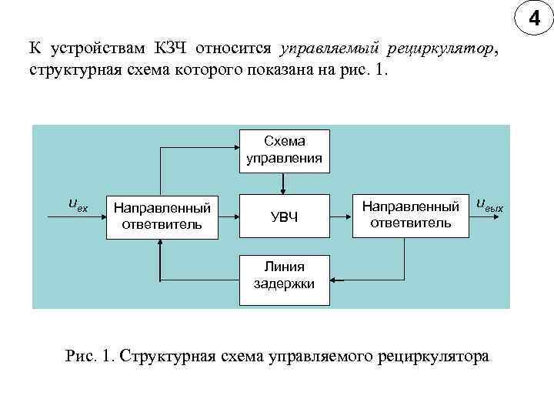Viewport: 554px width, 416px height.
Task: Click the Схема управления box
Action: (x=285, y=149)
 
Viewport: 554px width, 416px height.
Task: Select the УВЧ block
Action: (x=285, y=216)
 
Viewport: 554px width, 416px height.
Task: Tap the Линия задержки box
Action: (x=285, y=275)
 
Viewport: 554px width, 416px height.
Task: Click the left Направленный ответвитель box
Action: (x=162, y=216)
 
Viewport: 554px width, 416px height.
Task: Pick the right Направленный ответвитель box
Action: (x=411, y=214)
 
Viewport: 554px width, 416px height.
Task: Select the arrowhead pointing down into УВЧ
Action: (x=285, y=190)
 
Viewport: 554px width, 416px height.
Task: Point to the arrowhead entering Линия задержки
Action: (x=333, y=275)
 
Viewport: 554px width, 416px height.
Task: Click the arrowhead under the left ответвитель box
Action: (x=160, y=243)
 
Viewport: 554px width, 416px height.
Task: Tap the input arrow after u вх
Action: (x=91, y=216)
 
